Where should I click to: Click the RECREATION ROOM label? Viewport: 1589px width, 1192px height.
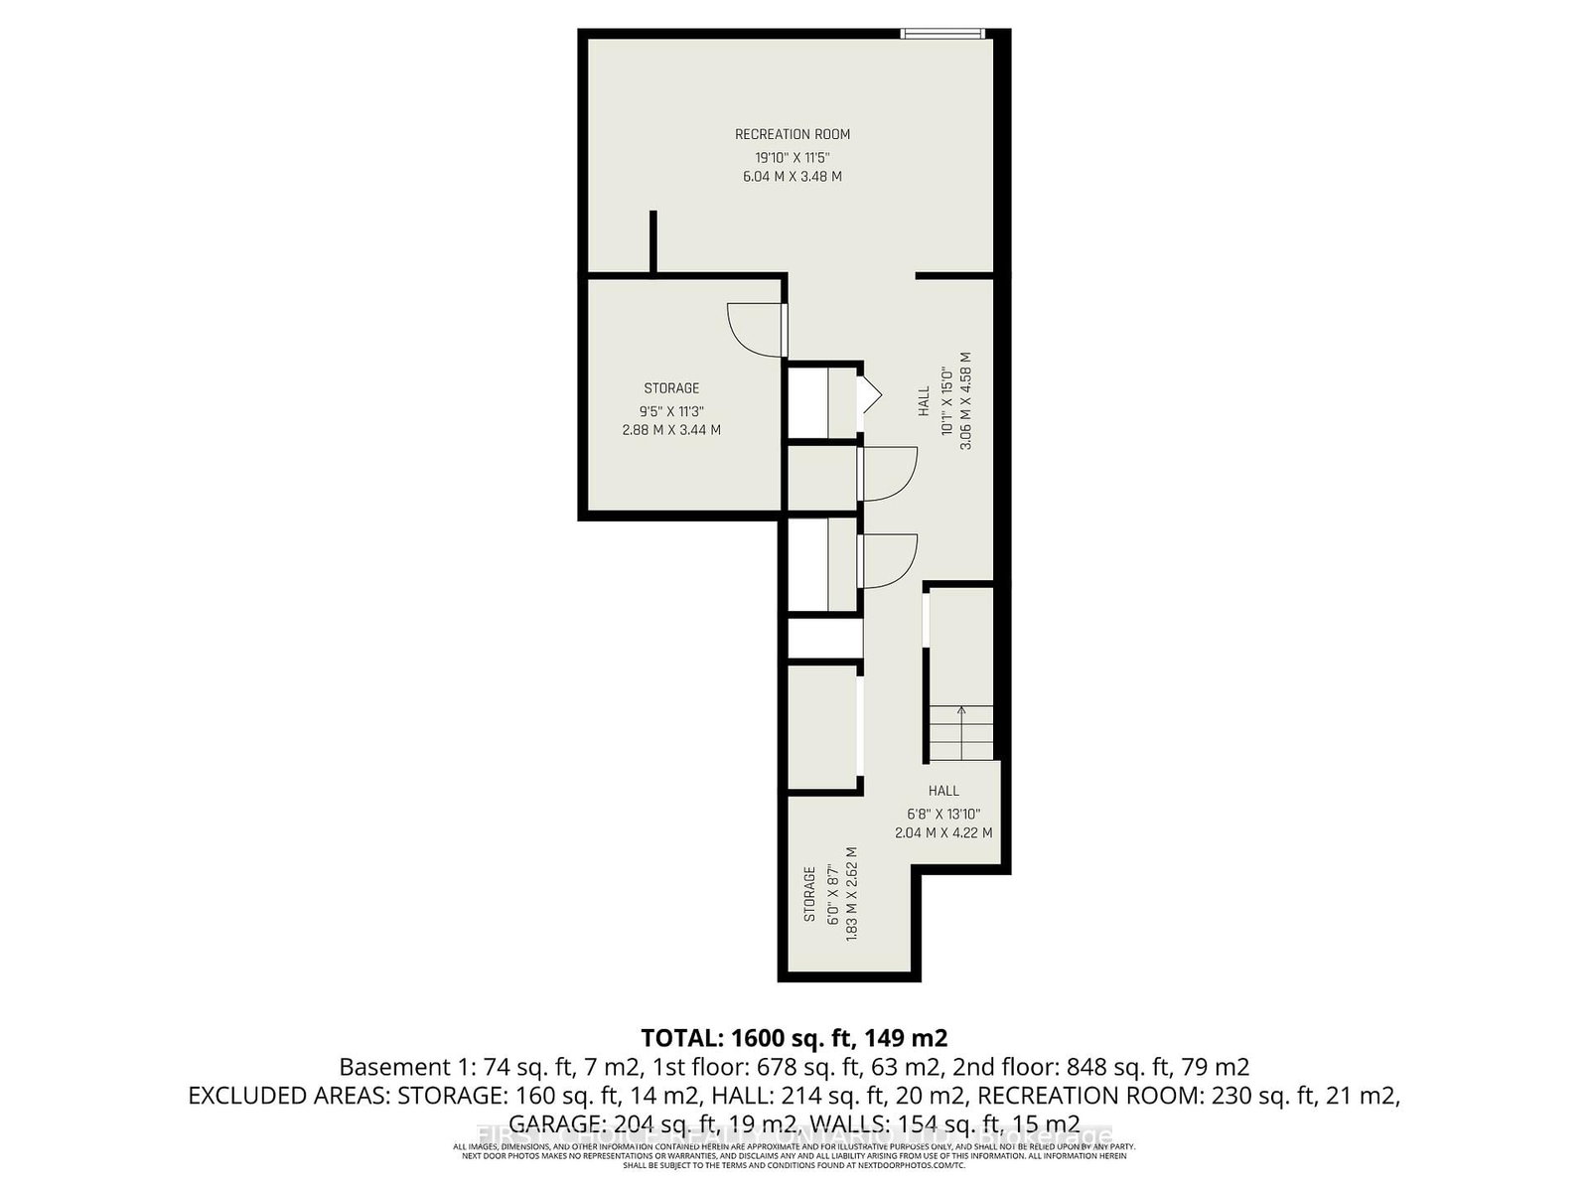pos(793,134)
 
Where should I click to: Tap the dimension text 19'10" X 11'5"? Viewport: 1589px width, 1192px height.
pos(793,157)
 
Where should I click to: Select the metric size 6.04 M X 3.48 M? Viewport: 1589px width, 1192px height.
pos(793,177)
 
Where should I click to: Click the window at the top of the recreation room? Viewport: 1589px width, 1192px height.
pos(942,35)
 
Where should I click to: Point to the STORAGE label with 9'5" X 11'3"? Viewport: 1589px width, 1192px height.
pos(671,388)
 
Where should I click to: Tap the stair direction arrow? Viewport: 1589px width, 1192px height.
pos(960,711)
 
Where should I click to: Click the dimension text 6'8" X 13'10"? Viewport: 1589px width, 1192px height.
pos(943,814)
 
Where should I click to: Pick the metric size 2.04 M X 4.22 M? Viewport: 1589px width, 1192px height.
pos(943,833)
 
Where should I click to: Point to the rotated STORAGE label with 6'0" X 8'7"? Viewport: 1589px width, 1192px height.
pos(810,894)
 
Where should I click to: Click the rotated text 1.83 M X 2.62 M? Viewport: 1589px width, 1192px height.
pos(851,894)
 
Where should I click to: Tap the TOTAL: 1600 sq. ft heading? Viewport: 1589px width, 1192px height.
pos(794,1039)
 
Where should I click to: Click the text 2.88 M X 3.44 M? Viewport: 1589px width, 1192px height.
pos(671,430)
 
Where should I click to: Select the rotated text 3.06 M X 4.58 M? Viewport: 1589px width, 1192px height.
pos(965,402)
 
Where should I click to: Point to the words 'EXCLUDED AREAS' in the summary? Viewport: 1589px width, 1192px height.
pos(289,1097)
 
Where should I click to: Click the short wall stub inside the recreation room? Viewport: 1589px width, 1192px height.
pos(652,240)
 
